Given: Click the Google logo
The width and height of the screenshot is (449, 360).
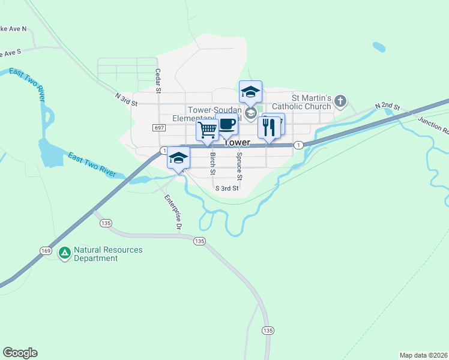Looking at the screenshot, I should coord(20,353).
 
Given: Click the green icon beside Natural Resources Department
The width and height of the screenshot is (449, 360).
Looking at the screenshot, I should coord(64,253).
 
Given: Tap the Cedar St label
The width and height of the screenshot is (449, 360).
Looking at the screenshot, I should coord(158,81).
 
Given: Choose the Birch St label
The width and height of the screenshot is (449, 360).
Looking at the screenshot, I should coord(212,164).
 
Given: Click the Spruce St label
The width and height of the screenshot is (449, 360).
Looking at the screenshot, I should coord(238,166).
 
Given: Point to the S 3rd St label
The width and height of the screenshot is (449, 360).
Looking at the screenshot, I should coord(228,188).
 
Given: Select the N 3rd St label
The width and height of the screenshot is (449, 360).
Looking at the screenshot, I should coord(127,100).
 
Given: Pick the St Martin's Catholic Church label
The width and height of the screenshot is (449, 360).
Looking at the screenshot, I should coord(312,102).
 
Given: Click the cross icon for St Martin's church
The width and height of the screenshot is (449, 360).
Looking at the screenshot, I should coord(340,101).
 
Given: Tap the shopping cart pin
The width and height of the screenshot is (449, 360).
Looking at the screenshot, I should coord(207,129).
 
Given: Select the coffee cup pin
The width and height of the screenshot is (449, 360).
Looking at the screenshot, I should coord(226,125).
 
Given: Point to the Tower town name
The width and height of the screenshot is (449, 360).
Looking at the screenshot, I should coord(237,143).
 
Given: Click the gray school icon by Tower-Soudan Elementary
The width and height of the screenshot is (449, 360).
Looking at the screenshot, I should coord(251,112).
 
